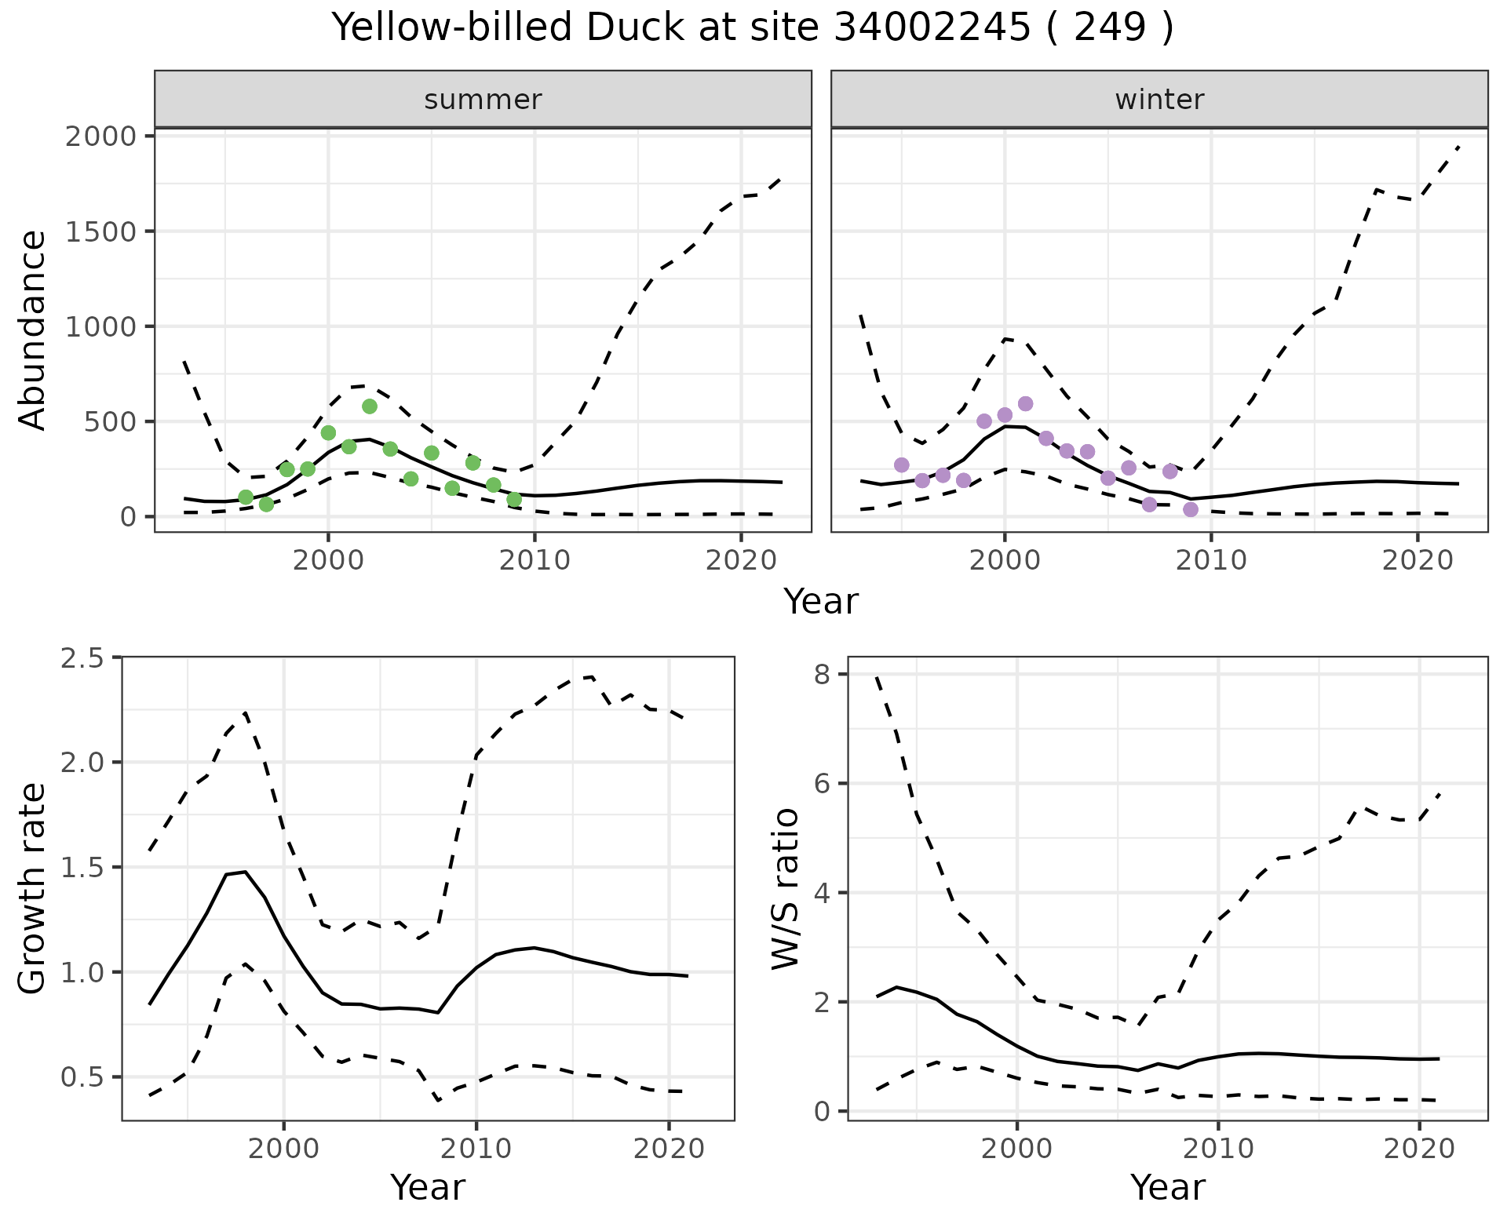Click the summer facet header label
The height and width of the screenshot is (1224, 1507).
pos(483,100)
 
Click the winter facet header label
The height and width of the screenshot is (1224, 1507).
pos(1159,100)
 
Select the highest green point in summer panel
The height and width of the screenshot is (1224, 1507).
pos(370,406)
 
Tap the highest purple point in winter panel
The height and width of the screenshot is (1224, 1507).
pos(1025,404)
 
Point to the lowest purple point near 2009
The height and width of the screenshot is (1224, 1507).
pos(1191,510)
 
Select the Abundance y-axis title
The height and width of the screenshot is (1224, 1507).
pos(33,330)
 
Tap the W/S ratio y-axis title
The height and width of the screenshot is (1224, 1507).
pos(785,888)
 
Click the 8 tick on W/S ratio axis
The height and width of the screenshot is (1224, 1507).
pos(822,675)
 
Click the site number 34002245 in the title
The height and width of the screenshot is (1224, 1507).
pos(930,28)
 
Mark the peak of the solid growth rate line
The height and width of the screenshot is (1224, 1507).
pos(246,872)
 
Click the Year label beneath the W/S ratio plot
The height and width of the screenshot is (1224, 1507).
pos(1167,1188)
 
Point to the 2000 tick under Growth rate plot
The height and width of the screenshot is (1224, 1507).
pos(283,1149)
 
